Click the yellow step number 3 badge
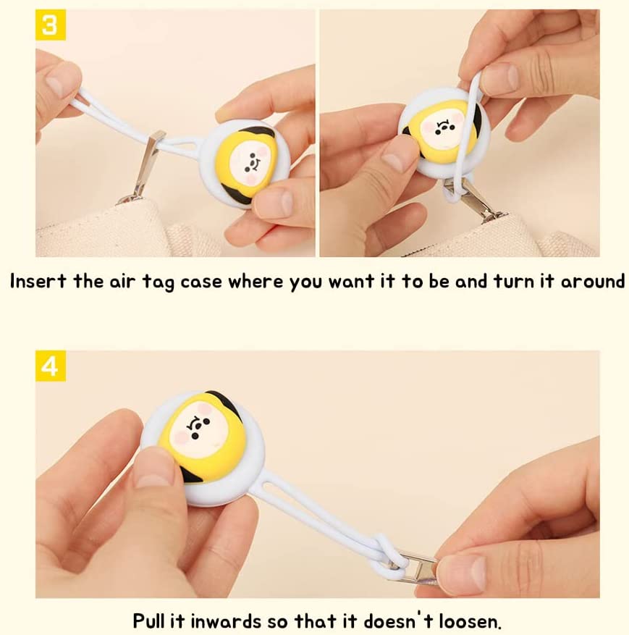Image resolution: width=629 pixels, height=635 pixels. tap(51, 25)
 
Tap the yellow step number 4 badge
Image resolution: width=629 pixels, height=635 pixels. tap(51, 366)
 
